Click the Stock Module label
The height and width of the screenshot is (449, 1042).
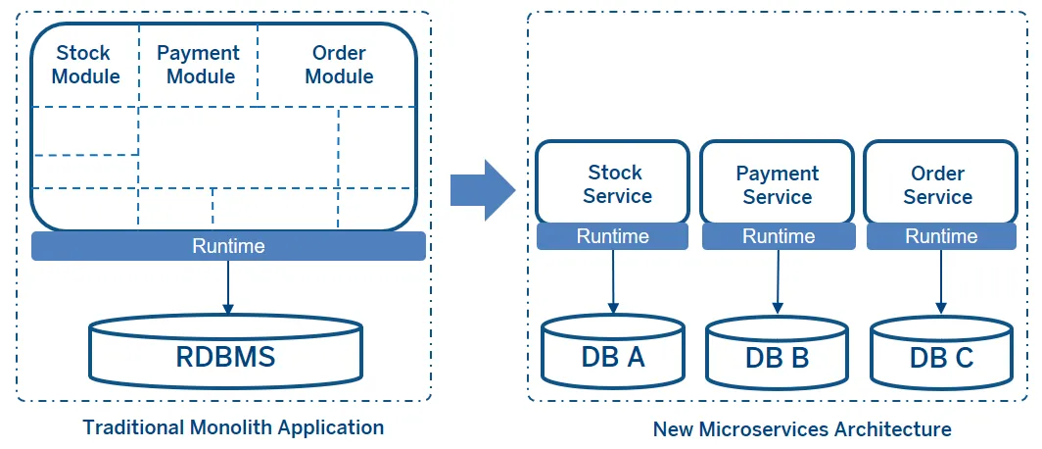(85, 65)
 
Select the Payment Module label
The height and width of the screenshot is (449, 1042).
(199, 65)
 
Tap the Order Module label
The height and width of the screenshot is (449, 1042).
(339, 65)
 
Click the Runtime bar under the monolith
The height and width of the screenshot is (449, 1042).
(228, 246)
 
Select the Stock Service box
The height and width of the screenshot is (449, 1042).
(613, 183)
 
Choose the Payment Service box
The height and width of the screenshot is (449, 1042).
(777, 184)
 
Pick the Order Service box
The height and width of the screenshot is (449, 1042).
(938, 184)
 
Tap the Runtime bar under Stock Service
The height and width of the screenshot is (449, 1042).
(613, 236)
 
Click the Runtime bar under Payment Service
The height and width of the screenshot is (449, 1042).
(778, 236)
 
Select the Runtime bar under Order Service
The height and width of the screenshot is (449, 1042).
(940, 236)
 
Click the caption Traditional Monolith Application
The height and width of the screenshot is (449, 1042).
(233, 427)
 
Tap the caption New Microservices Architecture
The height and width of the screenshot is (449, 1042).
(802, 429)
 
